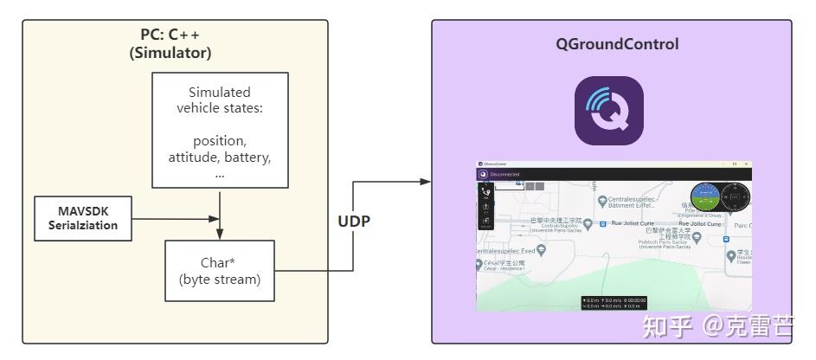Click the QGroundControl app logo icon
coord(609,111)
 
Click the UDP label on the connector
coord(354,221)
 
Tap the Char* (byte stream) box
coord(219,270)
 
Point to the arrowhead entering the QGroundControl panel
coord(425,181)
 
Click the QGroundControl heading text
coord(616,44)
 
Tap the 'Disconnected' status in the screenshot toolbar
coord(504,174)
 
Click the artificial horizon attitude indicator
coord(705,198)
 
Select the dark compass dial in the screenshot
coord(737,198)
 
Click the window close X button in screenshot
coord(746,164)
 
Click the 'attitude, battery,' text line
coord(220,157)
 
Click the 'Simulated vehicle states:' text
coord(220,100)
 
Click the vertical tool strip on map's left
coord(485,207)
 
